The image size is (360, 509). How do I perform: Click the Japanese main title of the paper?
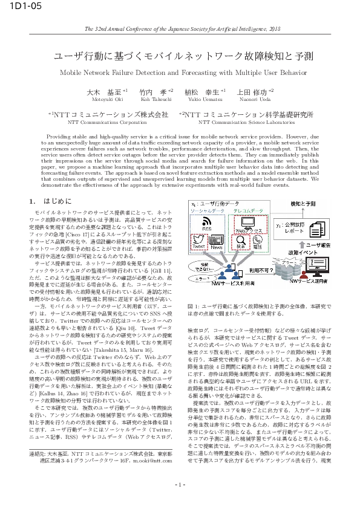pyautogui.click(x=180, y=57)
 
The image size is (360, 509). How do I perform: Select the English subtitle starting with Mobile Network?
pyautogui.click(x=180, y=71)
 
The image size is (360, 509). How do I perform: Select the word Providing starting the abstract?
pyautogui.click(x=58, y=137)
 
